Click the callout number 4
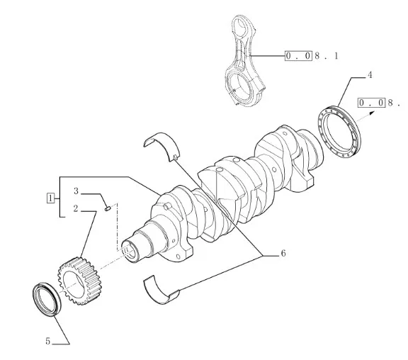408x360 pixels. [x=370, y=75]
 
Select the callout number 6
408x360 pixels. [x=283, y=253]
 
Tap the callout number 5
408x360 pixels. [x=47, y=341]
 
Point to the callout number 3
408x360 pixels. [x=76, y=191]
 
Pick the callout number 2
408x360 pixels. [x=76, y=208]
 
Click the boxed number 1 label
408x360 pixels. [x=50, y=198]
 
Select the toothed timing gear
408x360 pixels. [x=79, y=281]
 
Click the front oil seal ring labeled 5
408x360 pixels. [x=47, y=299]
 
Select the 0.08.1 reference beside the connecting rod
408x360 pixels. [x=312, y=56]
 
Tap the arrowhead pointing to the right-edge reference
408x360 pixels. [x=372, y=113]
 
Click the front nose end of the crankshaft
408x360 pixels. [x=130, y=251]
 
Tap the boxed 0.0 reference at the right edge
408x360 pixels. [x=370, y=103]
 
